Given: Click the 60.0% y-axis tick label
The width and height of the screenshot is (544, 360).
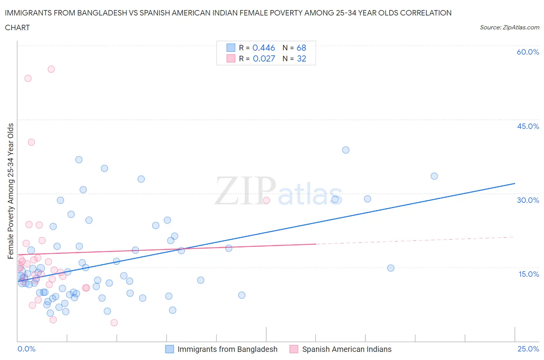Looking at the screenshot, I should pyautogui.click(x=528, y=52).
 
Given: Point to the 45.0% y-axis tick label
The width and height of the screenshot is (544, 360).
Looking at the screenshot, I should pyautogui.click(x=528, y=126).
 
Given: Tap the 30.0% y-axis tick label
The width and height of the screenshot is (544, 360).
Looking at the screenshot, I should pyautogui.click(x=528, y=200).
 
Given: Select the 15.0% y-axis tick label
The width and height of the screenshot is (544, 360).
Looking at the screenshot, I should pyautogui.click(x=529, y=274).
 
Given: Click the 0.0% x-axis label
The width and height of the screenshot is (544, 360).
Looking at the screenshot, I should pyautogui.click(x=26, y=349).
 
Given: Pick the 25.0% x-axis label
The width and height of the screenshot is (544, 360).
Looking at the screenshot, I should pyautogui.click(x=528, y=349).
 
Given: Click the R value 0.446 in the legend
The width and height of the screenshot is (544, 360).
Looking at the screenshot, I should pyautogui.click(x=263, y=48).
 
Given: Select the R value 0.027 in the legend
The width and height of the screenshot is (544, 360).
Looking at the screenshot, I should pyautogui.click(x=264, y=58).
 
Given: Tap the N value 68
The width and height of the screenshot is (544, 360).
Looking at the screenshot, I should pyautogui.click(x=301, y=48).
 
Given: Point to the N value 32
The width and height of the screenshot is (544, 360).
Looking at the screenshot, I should pyautogui.click(x=301, y=58).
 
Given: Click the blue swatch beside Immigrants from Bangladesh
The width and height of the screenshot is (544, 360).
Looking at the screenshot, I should pyautogui.click(x=169, y=349).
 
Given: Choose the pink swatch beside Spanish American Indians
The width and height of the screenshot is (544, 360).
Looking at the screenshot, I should pyautogui.click(x=294, y=349).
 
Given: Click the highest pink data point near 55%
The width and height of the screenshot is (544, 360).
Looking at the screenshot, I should pyautogui.click(x=51, y=69).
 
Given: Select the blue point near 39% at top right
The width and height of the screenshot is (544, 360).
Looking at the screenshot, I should pyautogui.click(x=346, y=150).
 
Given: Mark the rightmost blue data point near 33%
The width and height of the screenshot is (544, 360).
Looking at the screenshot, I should pyautogui.click(x=434, y=176).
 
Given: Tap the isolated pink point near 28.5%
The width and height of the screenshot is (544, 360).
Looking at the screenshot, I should pyautogui.click(x=266, y=200).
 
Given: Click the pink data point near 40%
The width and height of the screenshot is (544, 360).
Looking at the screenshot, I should pyautogui.click(x=31, y=142).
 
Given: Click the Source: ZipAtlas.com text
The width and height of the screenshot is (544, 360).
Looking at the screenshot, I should pyautogui.click(x=509, y=27).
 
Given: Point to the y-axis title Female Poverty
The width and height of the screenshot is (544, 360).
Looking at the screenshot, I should pyautogui.click(x=11, y=191).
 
